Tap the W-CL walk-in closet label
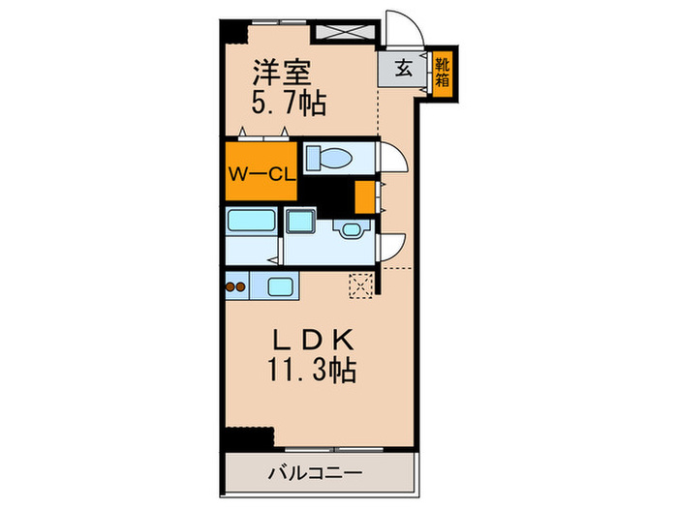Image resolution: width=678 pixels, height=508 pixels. click(x=259, y=173)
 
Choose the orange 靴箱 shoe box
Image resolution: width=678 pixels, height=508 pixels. click(x=443, y=74)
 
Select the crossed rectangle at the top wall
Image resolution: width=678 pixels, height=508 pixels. click(x=345, y=29)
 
